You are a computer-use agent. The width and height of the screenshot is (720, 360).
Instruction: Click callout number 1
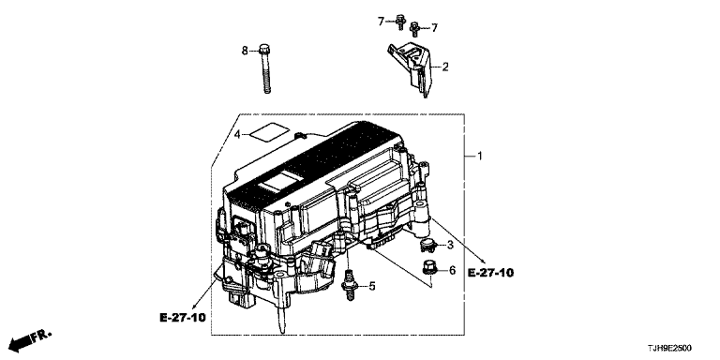[480, 157]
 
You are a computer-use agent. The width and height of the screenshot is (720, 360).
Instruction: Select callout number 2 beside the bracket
[445, 67]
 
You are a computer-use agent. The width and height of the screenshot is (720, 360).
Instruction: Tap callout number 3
[450, 246]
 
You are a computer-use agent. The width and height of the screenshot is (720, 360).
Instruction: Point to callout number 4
[237, 135]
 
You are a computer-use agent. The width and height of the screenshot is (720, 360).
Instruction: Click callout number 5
[372, 287]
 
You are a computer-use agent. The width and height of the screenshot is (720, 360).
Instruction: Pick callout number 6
[452, 270]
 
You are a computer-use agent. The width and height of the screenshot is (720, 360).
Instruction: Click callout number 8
[245, 51]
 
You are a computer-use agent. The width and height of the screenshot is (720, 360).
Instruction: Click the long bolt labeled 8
[265, 67]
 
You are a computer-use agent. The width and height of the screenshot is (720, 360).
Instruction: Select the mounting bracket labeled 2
[411, 67]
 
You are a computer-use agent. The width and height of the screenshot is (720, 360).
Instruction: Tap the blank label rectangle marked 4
[270, 133]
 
